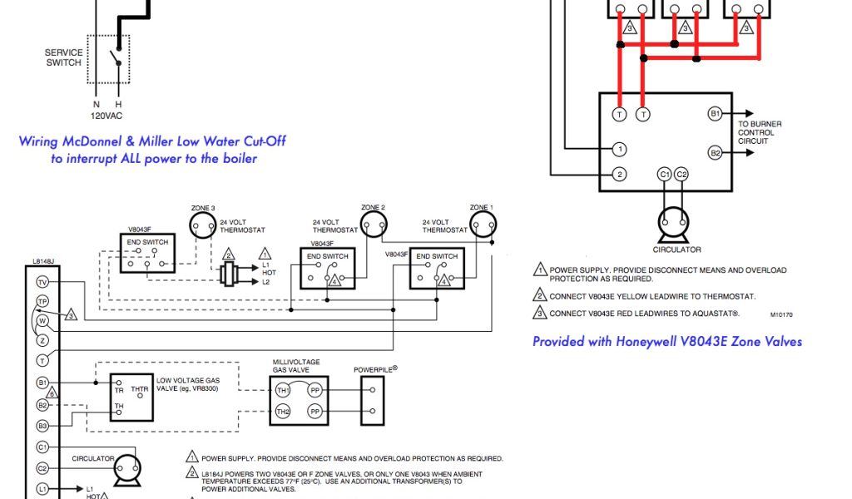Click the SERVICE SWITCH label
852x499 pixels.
click(63, 57)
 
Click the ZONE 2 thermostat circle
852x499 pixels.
click(373, 222)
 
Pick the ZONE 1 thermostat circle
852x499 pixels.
click(481, 222)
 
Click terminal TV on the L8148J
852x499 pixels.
click(42, 282)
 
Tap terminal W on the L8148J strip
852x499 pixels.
click(42, 321)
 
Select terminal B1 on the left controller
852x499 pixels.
click(42, 383)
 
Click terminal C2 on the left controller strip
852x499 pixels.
click(42, 468)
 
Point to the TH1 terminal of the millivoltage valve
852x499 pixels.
click(283, 389)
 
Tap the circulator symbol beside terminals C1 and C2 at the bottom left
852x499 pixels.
click(127, 470)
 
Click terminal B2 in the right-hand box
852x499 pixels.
click(715, 153)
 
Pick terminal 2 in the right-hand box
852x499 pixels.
click(619, 174)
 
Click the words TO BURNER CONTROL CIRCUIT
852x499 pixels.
click(760, 132)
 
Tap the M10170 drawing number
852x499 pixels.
click(782, 315)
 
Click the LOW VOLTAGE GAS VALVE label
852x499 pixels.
click(188, 383)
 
